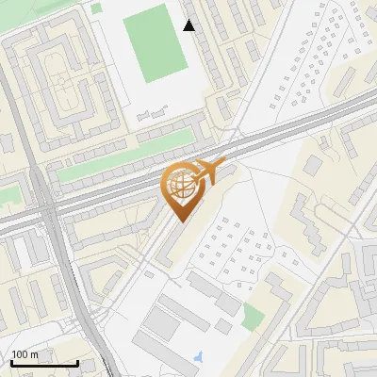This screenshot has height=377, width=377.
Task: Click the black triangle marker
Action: (x=189, y=25)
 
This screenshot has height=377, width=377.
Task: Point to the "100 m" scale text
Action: (x=25, y=354)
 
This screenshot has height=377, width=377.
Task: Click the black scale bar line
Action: (x=44, y=364)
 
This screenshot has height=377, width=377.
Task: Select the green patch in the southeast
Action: (x=252, y=317)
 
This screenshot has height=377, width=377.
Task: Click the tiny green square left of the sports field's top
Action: (x=97, y=8)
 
